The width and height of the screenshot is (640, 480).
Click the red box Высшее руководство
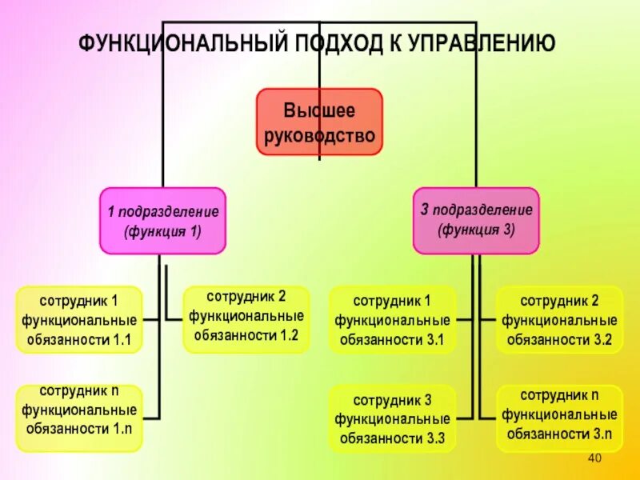point(319,122)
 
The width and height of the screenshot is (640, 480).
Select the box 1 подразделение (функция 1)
point(162,221)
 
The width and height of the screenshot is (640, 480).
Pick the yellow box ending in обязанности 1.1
point(79,320)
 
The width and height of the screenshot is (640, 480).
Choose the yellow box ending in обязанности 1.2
point(246,319)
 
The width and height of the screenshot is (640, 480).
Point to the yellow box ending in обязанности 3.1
point(393,320)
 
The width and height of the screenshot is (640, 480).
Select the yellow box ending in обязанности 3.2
point(559,320)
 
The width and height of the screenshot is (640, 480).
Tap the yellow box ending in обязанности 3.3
point(393,418)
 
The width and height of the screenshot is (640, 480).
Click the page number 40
point(594,458)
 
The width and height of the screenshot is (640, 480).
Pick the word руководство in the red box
point(319,135)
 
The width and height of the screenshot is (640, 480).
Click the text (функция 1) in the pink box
point(162,231)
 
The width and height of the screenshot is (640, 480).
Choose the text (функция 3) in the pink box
point(477,229)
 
